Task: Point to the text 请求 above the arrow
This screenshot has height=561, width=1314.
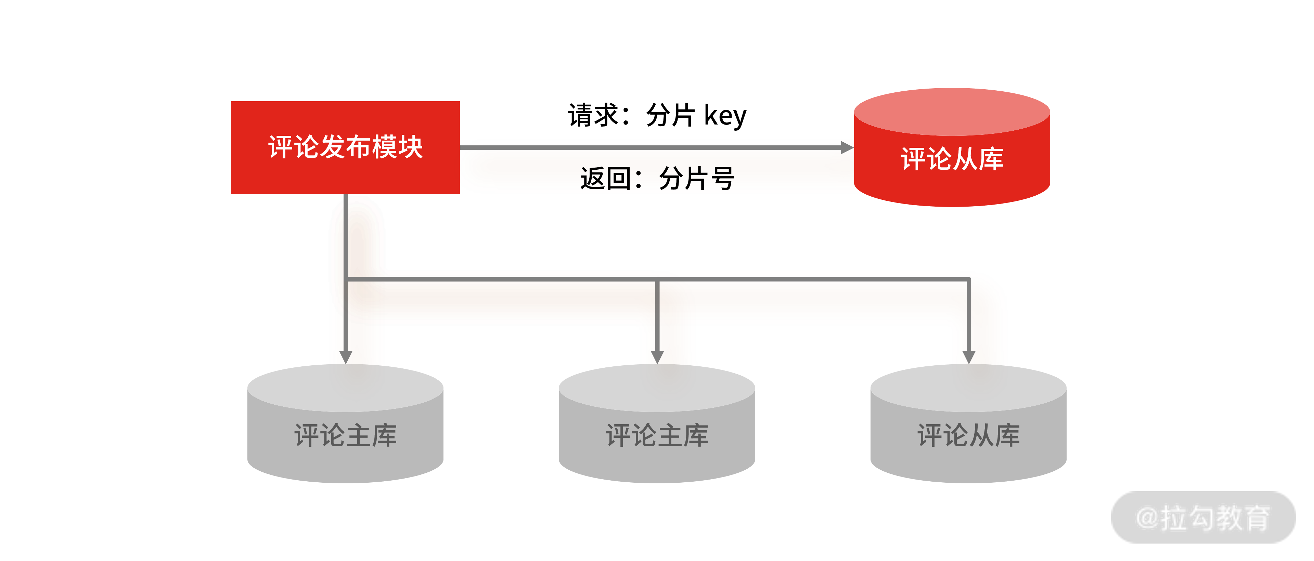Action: [593, 115]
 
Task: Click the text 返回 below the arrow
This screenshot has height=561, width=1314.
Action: [605, 179]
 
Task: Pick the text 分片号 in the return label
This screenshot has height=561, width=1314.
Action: [696, 179]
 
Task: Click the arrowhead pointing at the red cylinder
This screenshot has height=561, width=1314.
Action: [847, 147]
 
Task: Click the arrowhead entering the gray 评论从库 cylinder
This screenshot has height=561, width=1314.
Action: [969, 357]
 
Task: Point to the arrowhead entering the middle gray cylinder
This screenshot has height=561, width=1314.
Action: [657, 357]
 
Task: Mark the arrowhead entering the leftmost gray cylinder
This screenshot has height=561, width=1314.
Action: [346, 357]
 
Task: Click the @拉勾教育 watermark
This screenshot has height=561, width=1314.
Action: [1203, 517]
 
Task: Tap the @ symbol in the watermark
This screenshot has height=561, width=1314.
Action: [1148, 517]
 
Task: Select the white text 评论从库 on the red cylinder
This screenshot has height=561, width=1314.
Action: [952, 159]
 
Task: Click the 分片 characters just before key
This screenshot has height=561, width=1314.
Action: [670, 115]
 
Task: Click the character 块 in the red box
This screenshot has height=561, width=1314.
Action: [411, 147]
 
